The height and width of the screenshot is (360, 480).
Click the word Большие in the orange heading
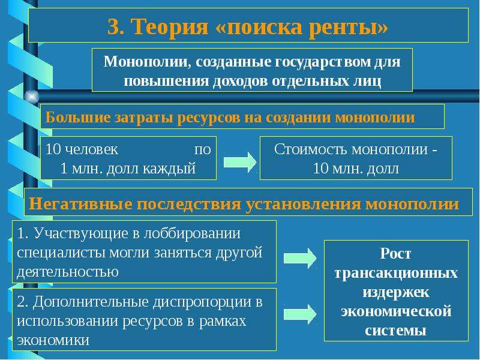click(78, 117)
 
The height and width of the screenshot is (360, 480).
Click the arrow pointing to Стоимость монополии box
click(240, 162)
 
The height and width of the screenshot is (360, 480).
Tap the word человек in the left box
click(91, 149)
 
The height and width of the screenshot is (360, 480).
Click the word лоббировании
click(192, 234)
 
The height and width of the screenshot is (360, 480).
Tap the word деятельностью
click(68, 272)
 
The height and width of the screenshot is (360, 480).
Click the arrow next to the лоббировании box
click(300, 258)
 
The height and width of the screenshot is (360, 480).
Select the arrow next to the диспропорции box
click(300, 314)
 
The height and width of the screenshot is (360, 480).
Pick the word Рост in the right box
click(395, 253)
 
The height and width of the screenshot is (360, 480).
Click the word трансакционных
click(396, 273)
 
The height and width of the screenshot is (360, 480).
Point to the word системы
click(395, 331)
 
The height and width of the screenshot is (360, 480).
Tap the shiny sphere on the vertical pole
click(32, 97)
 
